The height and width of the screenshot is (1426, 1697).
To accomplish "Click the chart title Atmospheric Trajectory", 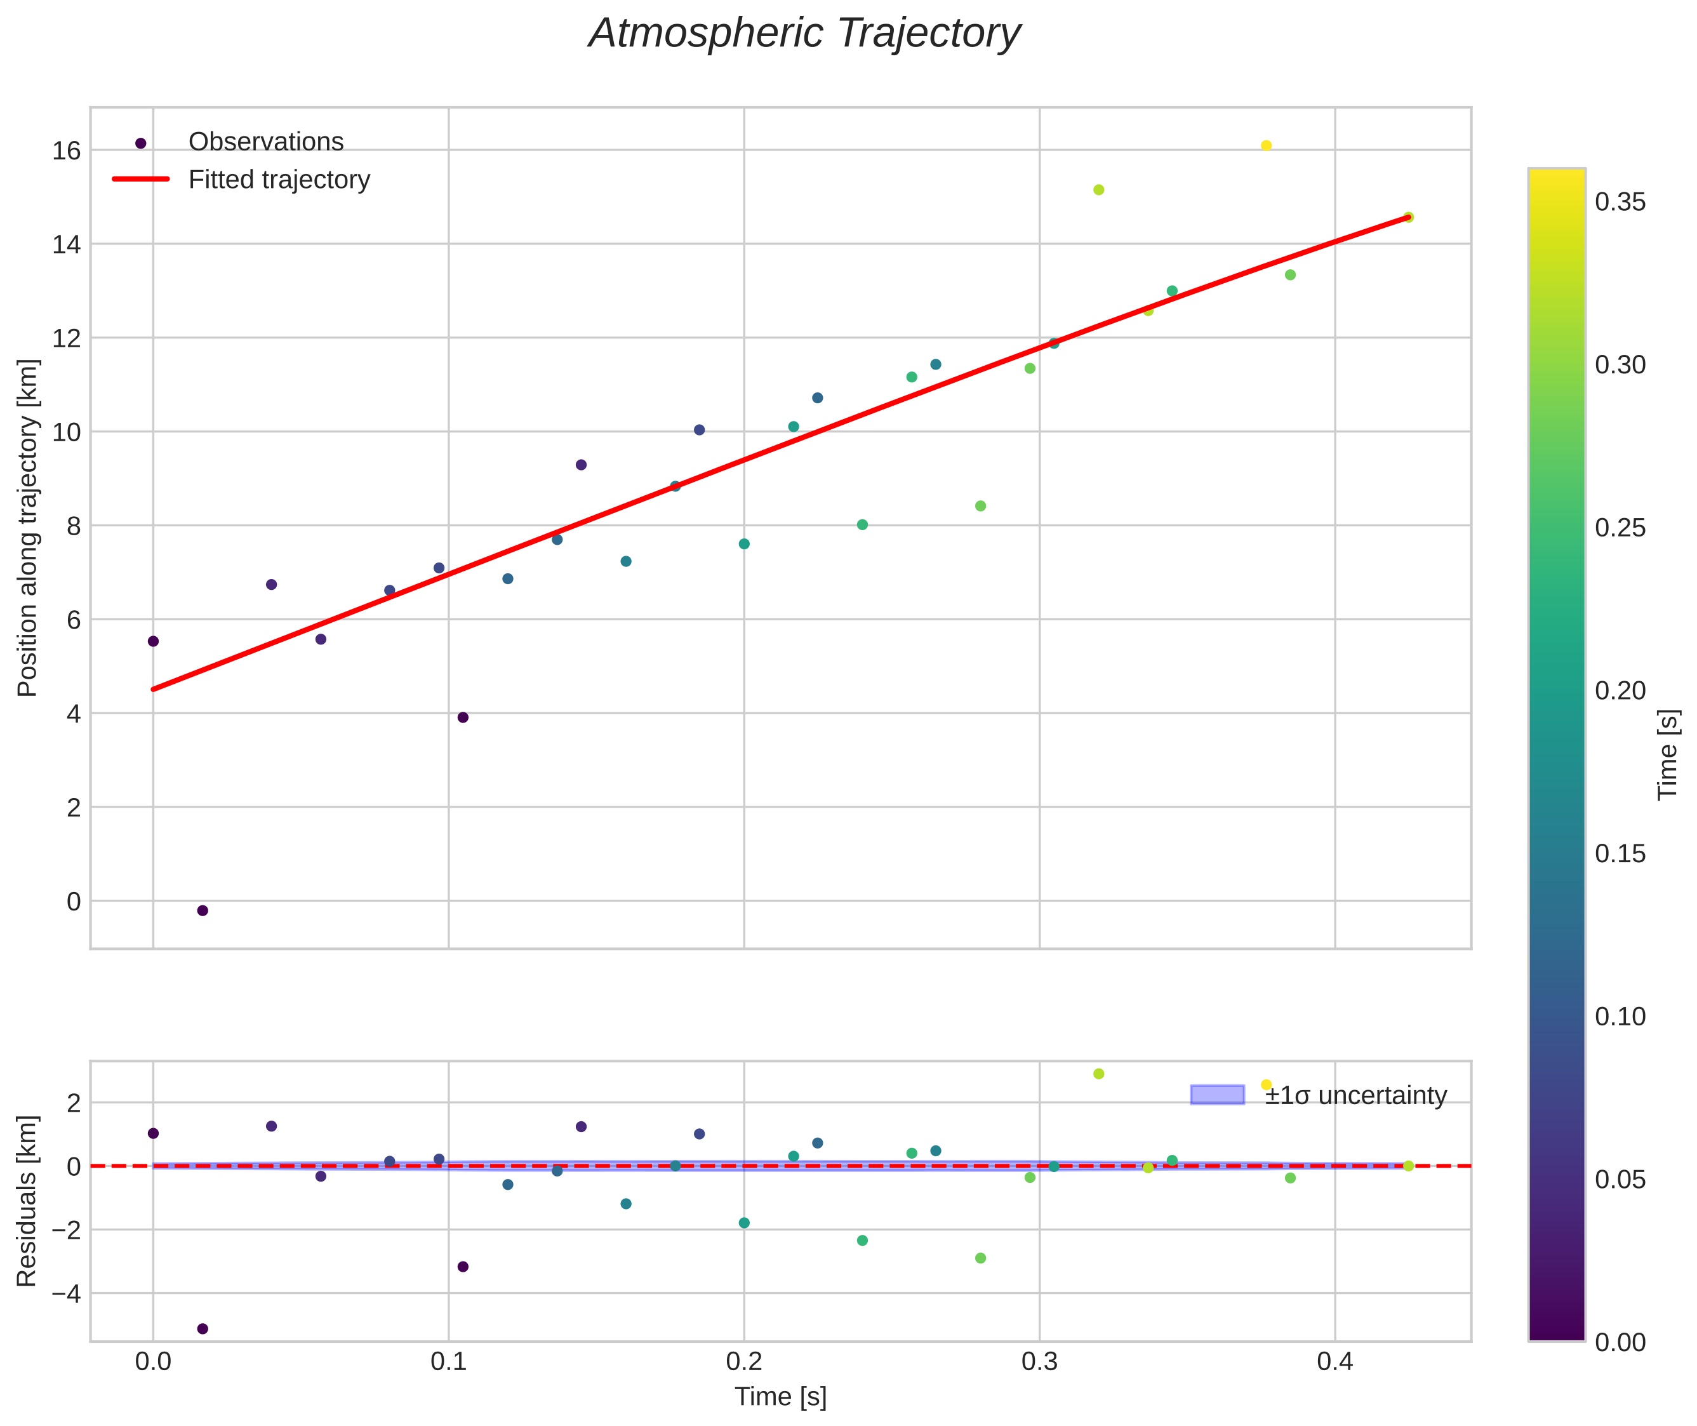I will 804,34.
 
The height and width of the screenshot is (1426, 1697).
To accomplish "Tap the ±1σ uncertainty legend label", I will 1355,1095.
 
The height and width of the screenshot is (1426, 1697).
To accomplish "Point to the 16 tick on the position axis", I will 67,150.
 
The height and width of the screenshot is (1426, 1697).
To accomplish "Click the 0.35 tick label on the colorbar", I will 1620,202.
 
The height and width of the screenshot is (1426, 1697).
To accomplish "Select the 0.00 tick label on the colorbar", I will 1620,1342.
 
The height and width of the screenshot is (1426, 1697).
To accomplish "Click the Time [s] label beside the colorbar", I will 1667,754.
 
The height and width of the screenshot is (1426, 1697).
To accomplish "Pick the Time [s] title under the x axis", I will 780,1396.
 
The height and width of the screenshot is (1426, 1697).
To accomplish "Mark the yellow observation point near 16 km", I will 1266,145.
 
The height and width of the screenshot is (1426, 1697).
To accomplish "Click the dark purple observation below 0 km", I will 203,910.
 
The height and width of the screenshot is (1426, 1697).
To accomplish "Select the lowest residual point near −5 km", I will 203,1328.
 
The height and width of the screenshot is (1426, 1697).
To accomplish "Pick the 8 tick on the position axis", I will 73,526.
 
